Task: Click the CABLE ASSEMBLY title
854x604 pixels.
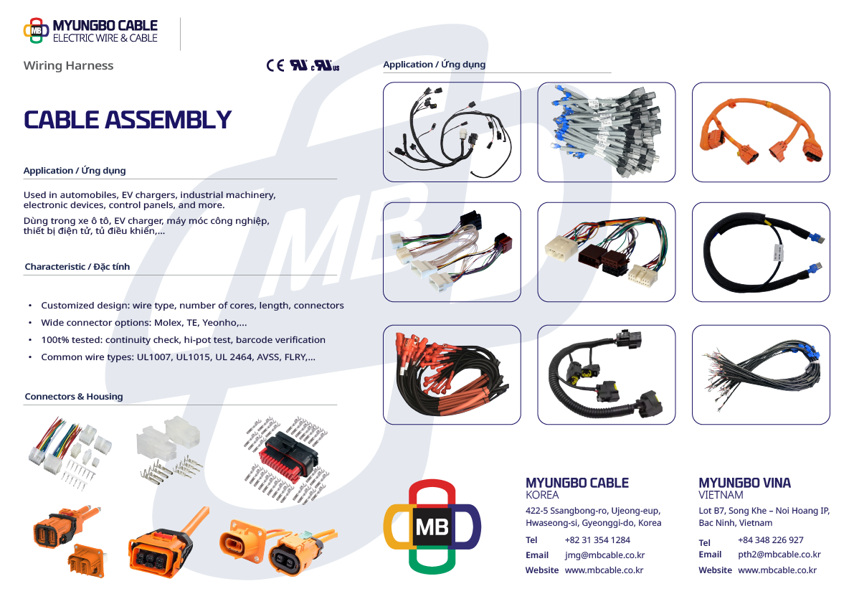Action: point(128,120)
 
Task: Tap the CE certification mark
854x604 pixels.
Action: point(275,65)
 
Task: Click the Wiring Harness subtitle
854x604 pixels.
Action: point(69,65)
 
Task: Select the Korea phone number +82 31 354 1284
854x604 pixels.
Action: point(597,539)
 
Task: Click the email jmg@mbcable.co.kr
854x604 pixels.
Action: point(604,555)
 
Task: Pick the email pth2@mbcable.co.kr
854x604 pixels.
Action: point(779,555)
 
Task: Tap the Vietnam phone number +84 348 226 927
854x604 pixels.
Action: point(771,539)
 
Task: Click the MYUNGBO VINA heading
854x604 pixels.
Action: point(744,483)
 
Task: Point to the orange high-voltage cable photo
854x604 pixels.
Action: point(761,132)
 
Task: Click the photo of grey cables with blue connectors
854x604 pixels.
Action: point(606,132)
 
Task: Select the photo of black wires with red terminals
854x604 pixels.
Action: point(452,374)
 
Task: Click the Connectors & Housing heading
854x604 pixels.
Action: point(74,397)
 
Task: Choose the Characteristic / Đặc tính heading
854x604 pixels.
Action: point(77,266)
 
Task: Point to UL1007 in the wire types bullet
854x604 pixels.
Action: point(154,357)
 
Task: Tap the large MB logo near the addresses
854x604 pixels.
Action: point(432,527)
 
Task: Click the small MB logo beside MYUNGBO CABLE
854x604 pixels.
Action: point(36,31)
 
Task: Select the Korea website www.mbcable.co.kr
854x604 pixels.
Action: point(604,570)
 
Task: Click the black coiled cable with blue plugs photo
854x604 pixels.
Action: point(761,253)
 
